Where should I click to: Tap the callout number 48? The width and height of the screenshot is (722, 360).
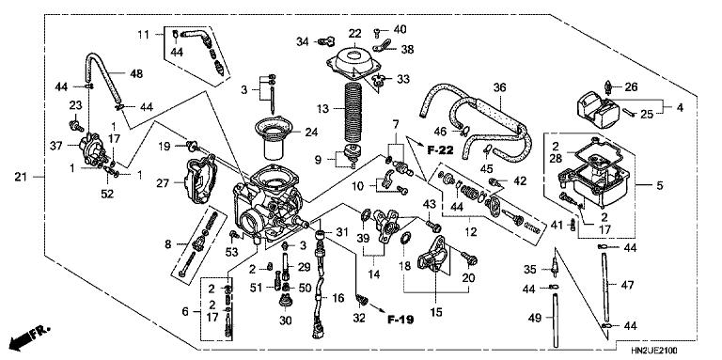click(136, 73)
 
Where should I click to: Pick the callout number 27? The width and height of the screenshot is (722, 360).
click(163, 182)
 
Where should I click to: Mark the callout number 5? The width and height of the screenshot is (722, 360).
click(659, 186)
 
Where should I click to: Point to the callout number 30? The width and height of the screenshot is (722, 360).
click(286, 320)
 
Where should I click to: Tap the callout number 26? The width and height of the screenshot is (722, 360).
click(631, 87)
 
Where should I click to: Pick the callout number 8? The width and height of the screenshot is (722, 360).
click(168, 243)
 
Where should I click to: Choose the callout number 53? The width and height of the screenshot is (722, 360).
click(232, 252)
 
